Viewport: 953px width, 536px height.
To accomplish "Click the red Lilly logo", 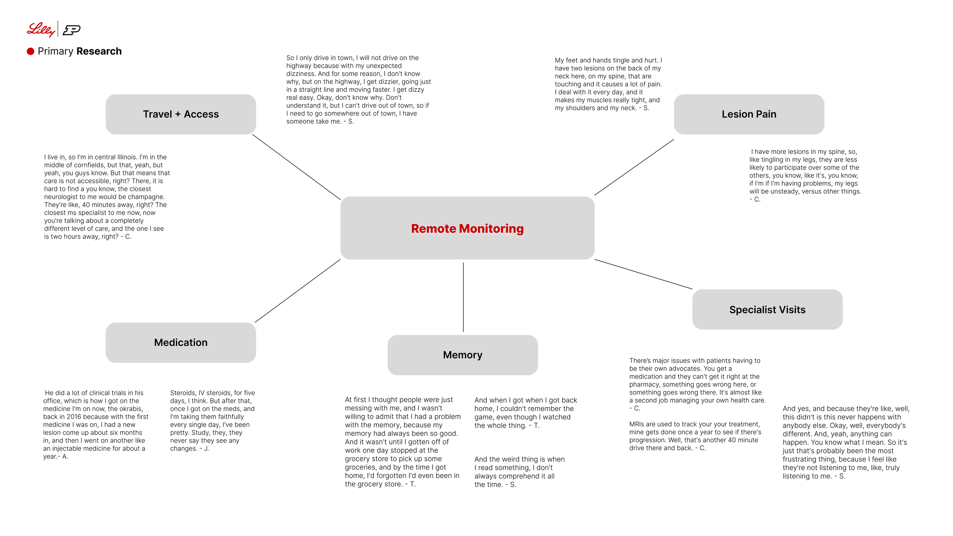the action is (40, 29).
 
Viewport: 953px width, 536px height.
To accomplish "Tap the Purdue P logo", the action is (72, 30).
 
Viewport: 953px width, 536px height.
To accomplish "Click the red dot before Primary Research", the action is (30, 51).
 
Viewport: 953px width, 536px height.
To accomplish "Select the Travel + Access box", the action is (181, 114).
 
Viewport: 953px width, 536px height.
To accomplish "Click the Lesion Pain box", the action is (749, 114).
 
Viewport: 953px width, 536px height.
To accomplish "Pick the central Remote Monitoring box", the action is (467, 228).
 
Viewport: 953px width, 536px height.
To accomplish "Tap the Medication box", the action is (181, 342).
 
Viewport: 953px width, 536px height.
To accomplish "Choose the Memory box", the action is (462, 355).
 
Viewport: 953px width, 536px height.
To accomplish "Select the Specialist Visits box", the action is (767, 310).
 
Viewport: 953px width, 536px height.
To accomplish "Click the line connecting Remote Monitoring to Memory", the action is (463, 297).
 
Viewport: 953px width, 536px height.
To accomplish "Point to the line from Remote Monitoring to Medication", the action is (297, 291).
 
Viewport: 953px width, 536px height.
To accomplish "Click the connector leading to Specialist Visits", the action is (643, 274).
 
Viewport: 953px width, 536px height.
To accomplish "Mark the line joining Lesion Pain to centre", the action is (634, 167).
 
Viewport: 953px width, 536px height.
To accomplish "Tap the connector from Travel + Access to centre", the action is (296, 167).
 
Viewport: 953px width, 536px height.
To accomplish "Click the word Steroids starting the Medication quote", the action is (183, 393).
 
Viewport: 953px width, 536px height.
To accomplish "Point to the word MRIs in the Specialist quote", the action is (637, 424).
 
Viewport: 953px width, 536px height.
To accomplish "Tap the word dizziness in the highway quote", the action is (301, 74).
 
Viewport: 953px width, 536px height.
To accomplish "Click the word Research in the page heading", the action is (99, 51).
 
